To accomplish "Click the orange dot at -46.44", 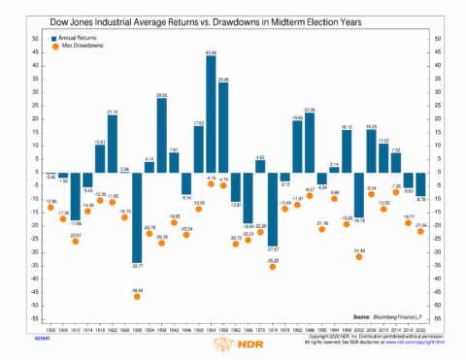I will pos(137,296).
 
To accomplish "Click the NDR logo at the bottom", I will pos(232,346).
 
